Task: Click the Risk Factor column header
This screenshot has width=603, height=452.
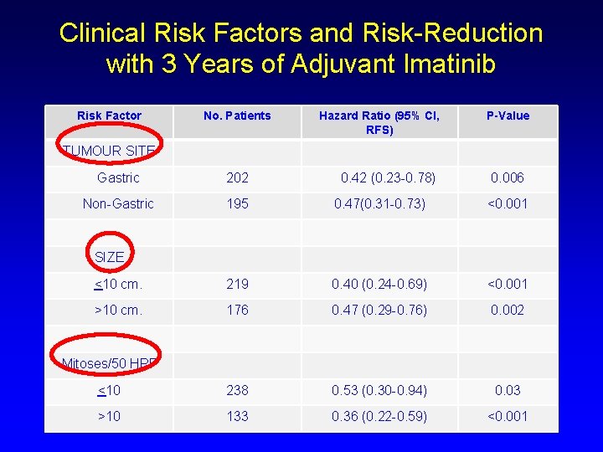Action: [x=109, y=116]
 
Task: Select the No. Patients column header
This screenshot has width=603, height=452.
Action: [x=237, y=116]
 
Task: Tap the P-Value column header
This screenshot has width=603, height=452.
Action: [x=508, y=116]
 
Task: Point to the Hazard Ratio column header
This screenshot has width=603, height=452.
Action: [x=379, y=122]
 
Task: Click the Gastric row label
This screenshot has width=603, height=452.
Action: [x=118, y=177]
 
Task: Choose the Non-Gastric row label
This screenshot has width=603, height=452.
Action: [x=118, y=203]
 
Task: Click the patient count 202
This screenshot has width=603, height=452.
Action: [x=237, y=177]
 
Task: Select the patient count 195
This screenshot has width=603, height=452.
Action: [x=237, y=203]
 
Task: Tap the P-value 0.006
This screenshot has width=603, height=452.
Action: [x=508, y=177]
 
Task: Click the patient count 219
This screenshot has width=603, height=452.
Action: [x=237, y=284]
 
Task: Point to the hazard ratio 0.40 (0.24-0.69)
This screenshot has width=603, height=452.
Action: [x=379, y=284]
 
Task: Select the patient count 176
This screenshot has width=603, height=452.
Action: [x=237, y=310]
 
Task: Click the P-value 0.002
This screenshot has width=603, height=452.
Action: [x=508, y=310]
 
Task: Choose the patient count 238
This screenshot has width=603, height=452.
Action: [x=237, y=390]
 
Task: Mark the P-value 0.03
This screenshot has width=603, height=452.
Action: [x=508, y=390]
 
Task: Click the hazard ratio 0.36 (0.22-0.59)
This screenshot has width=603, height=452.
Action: [x=379, y=416]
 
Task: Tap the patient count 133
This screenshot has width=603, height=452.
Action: [x=237, y=416]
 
